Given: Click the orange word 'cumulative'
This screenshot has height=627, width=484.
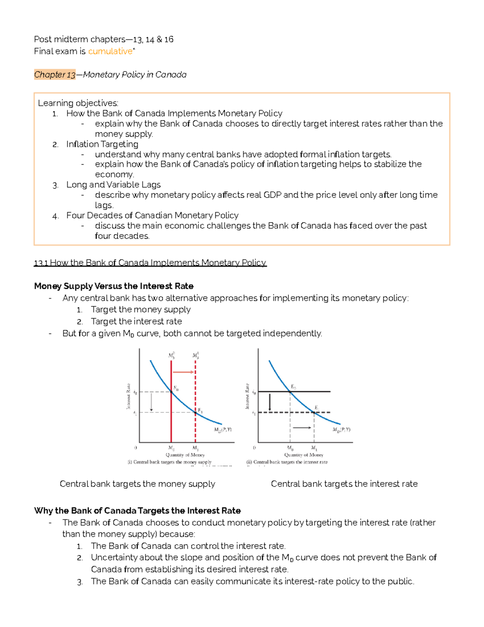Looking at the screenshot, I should click(x=110, y=51).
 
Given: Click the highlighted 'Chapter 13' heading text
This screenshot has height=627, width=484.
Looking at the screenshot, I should click(x=55, y=75).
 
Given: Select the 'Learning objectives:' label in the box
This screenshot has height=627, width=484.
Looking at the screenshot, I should click(x=78, y=103).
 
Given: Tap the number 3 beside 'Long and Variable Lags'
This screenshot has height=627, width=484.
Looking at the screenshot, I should click(x=55, y=185).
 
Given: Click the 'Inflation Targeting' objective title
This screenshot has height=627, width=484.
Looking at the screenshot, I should click(x=102, y=144).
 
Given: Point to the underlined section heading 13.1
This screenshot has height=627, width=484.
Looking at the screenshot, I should click(x=150, y=263).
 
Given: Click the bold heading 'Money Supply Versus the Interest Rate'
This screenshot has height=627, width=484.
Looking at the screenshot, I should click(x=114, y=286).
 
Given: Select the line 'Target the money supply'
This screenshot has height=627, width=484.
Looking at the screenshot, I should click(x=140, y=310).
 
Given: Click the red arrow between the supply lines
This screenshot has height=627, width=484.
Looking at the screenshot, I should click(x=184, y=372).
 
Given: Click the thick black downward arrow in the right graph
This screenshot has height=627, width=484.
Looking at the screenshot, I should click(x=270, y=402).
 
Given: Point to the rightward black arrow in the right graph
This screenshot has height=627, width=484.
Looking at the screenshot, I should click(x=302, y=428).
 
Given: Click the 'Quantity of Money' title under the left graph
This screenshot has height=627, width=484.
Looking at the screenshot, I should click(x=185, y=455).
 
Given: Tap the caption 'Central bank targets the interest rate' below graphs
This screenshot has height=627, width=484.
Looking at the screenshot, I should click(x=344, y=484).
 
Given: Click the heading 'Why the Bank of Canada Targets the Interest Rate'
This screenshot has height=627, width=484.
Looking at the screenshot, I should click(x=137, y=511).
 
